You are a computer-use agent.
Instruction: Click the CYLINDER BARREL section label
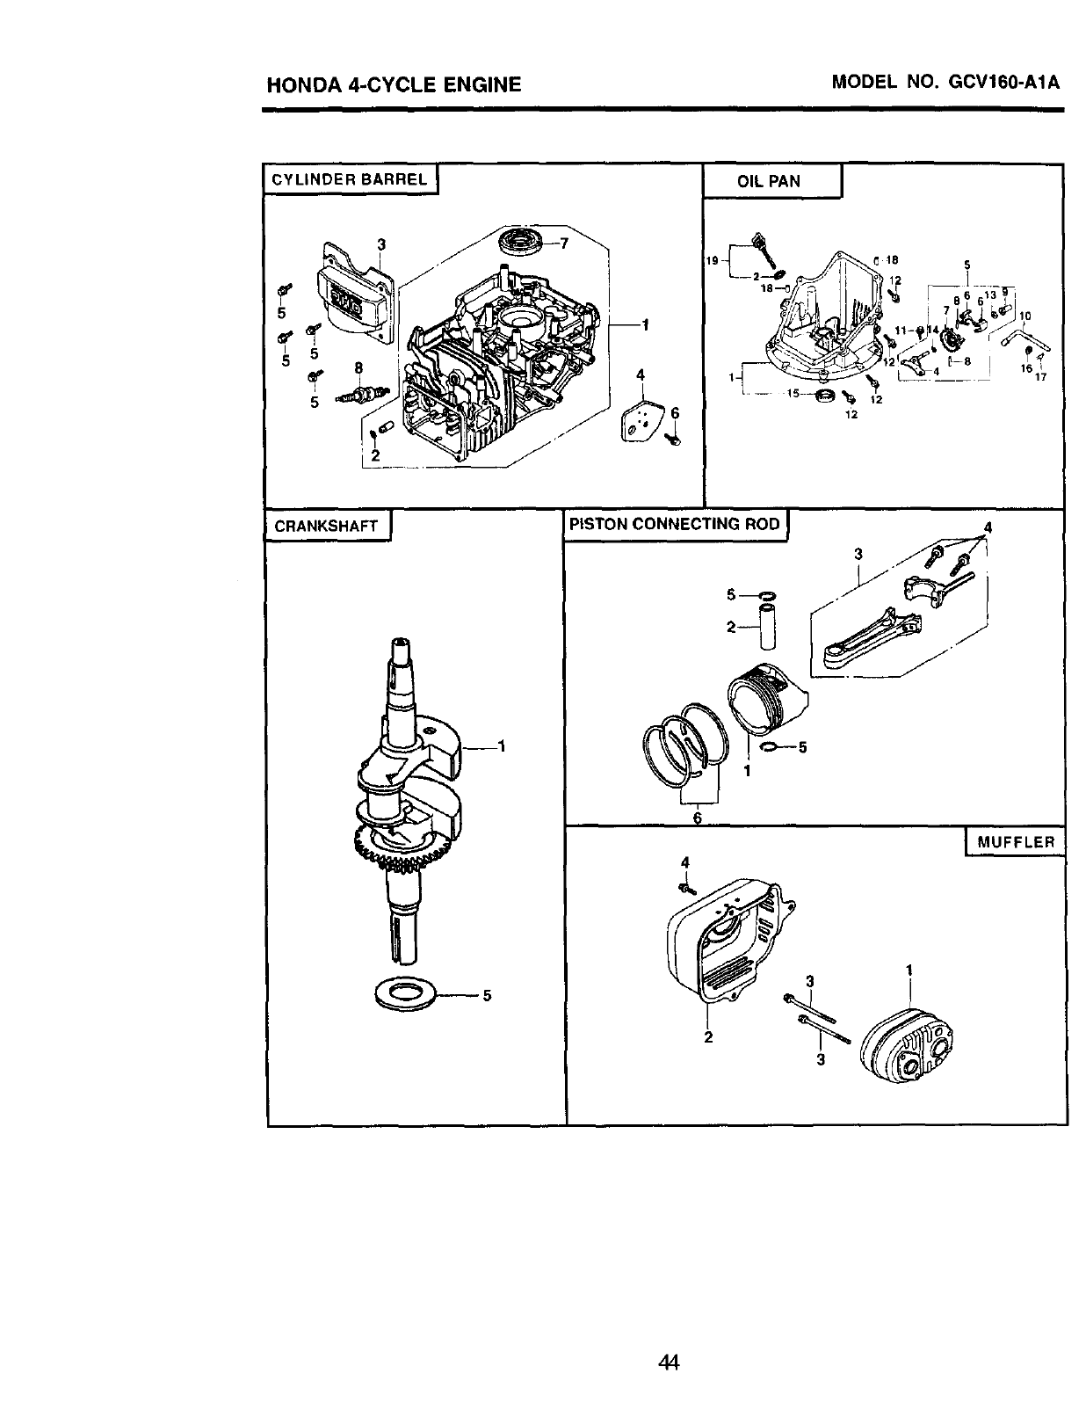pos(349,180)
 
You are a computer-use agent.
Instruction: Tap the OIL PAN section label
pos(769,182)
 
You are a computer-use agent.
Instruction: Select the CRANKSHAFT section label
pos(326,527)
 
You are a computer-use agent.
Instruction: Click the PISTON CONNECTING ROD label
pos(674,524)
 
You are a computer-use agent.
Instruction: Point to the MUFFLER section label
pos(1015,841)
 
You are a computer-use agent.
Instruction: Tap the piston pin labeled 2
pos(769,629)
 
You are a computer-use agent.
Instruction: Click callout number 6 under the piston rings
pos(697,817)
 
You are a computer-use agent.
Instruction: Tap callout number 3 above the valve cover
pos(381,245)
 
